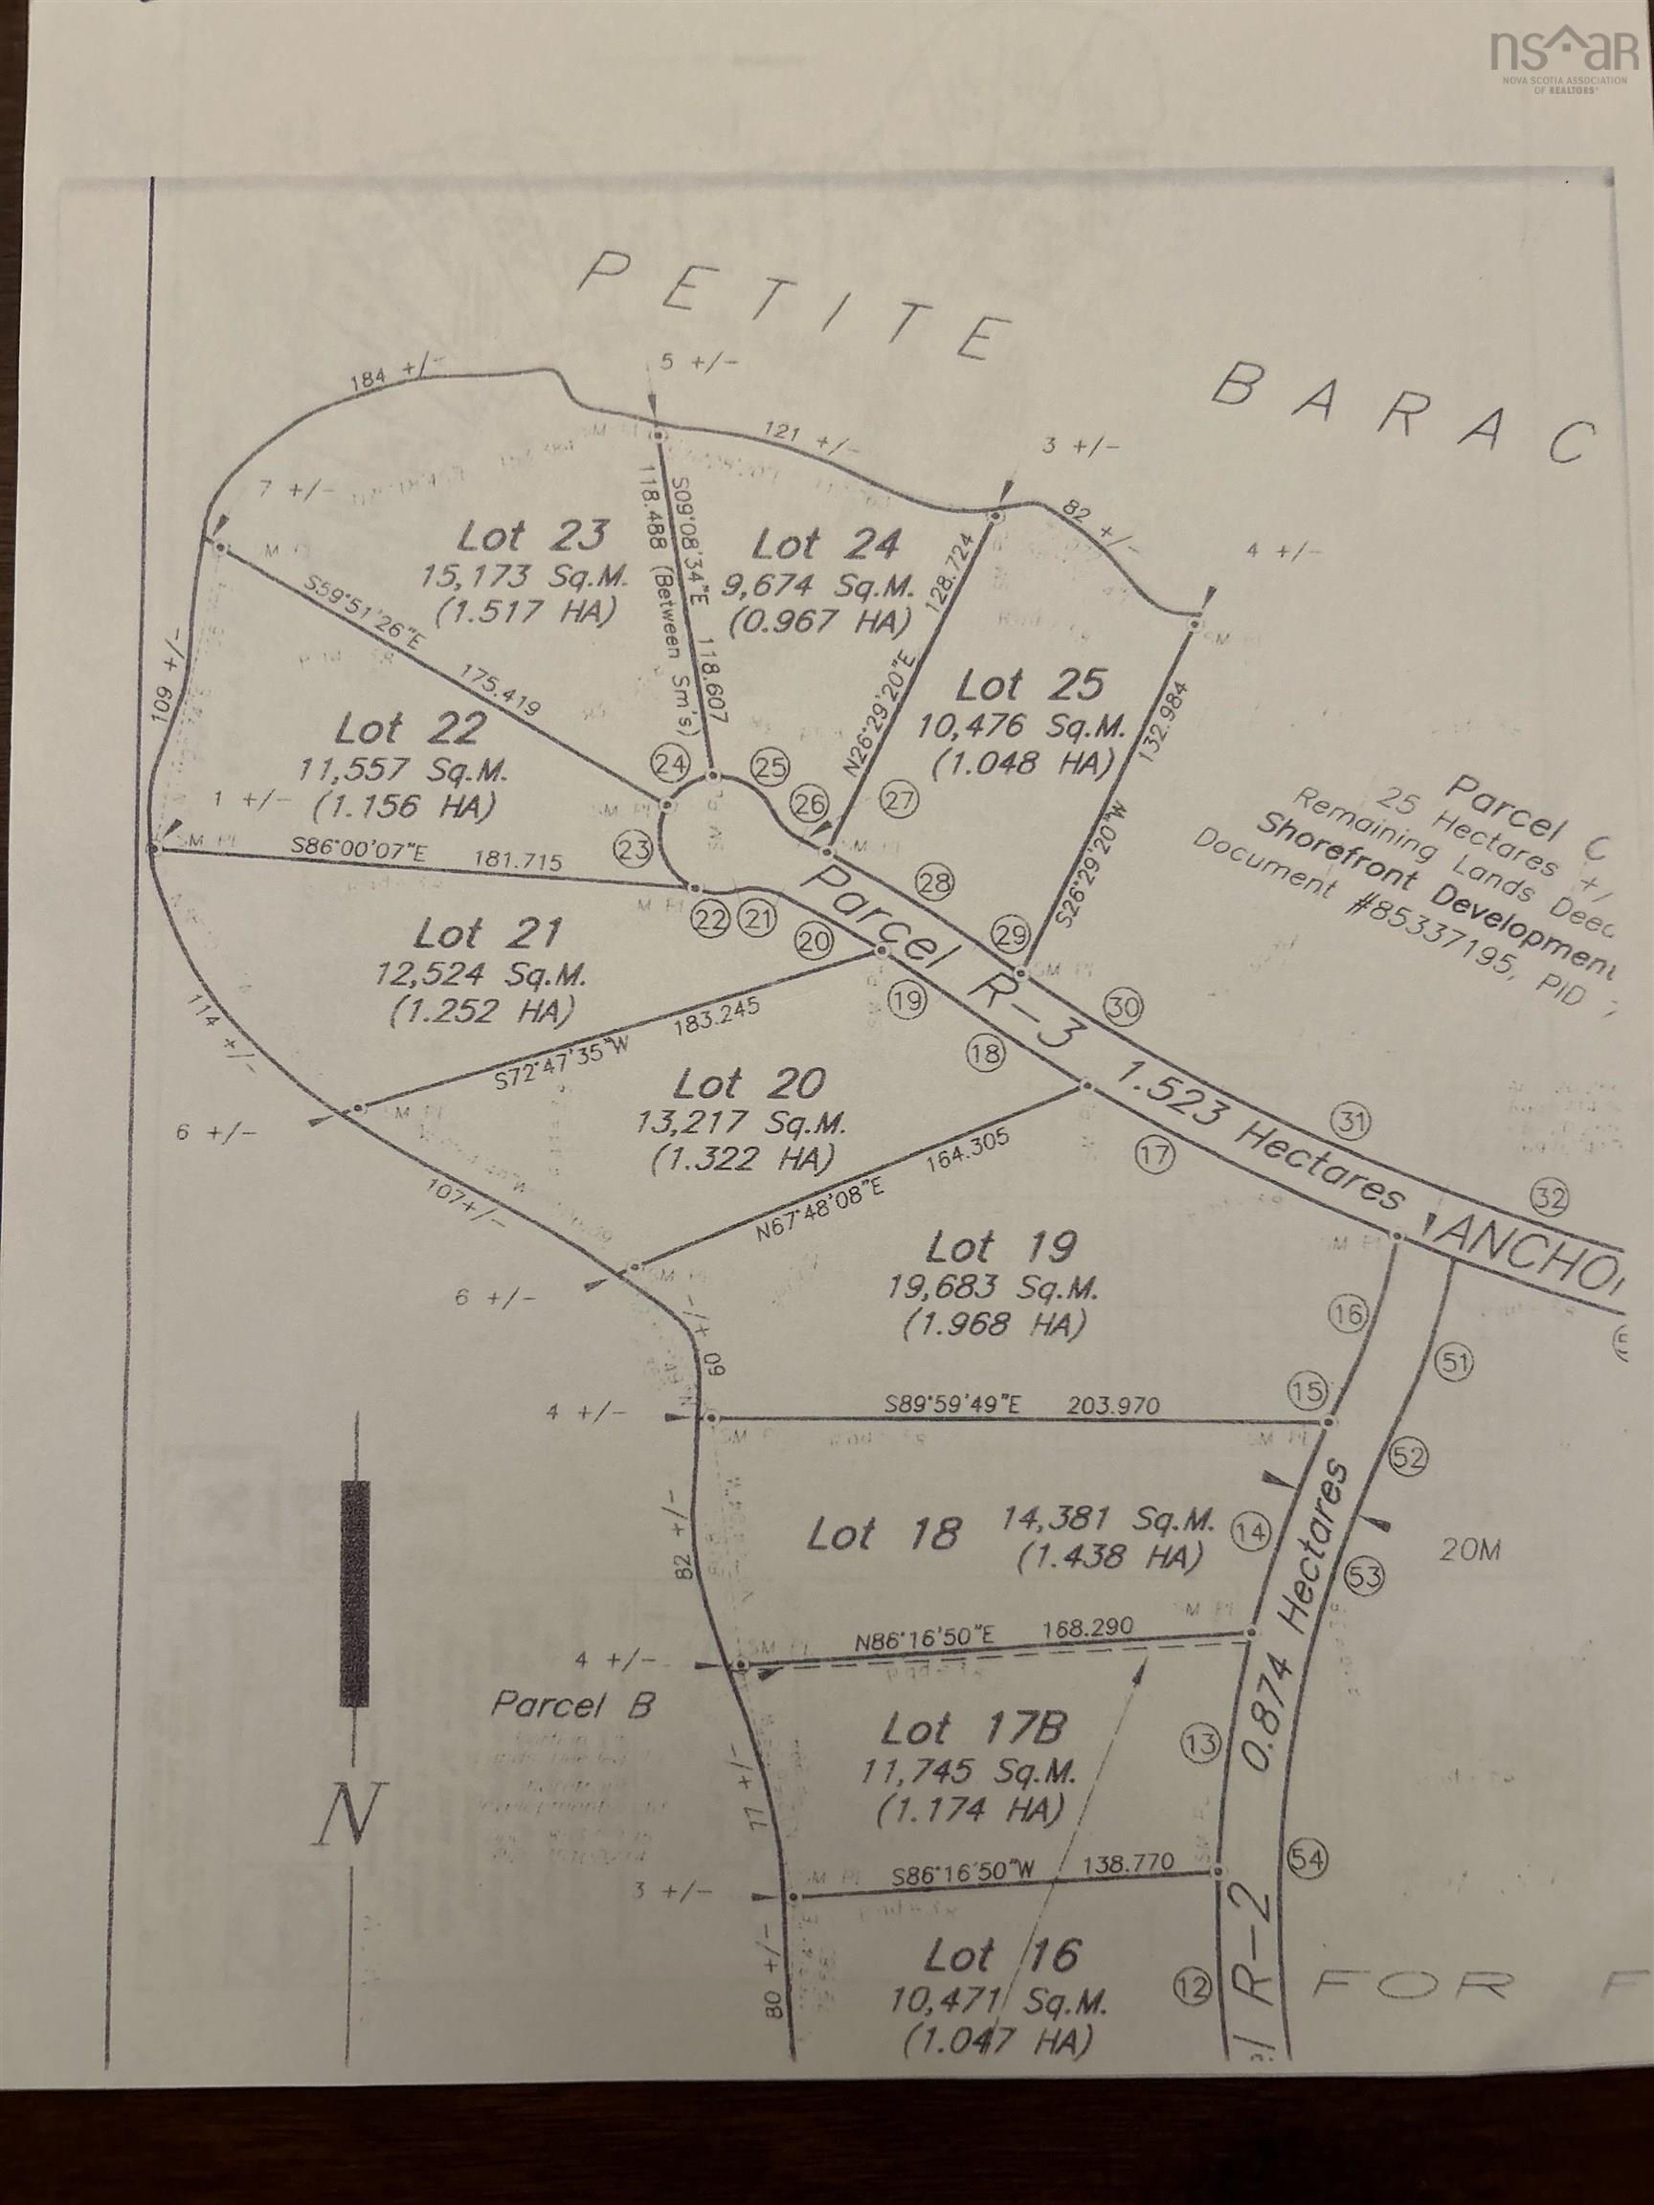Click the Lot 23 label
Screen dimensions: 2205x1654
click(532, 536)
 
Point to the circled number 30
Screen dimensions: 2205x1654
click(1124, 1008)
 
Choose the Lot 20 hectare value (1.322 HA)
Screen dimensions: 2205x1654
click(742, 1159)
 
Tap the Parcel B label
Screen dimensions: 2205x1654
click(572, 1704)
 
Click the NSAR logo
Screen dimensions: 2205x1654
click(1560, 54)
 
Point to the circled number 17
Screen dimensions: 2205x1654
click(1154, 1155)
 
